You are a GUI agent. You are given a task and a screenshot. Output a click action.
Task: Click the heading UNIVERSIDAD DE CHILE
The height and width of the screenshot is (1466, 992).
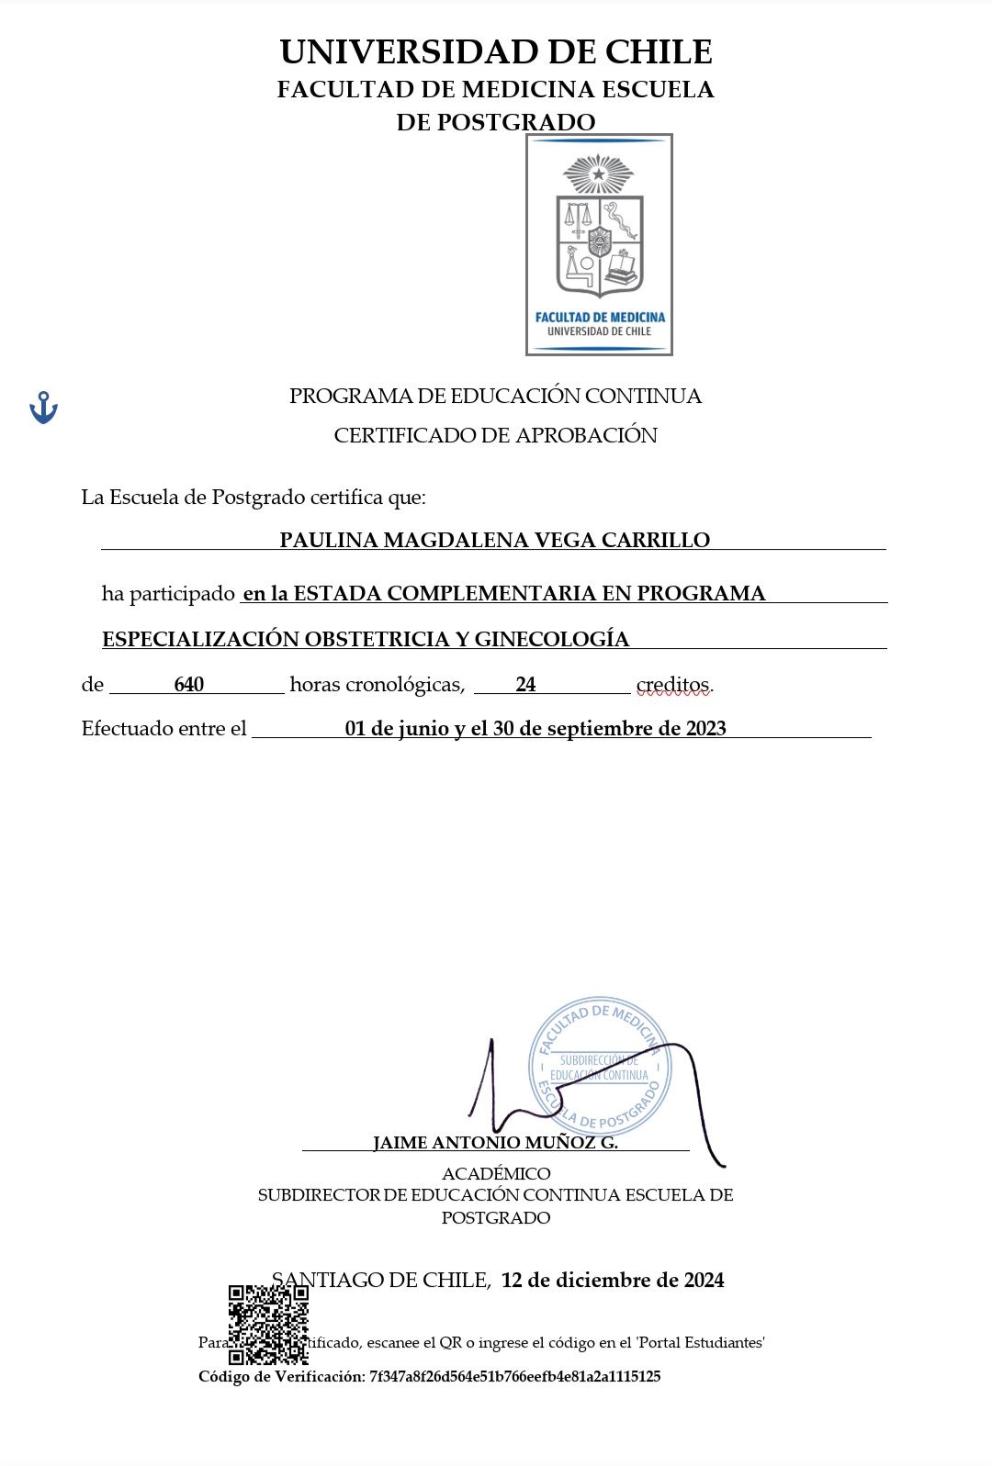[x=496, y=52]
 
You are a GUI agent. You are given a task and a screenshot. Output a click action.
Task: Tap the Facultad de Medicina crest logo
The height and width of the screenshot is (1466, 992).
[x=599, y=244]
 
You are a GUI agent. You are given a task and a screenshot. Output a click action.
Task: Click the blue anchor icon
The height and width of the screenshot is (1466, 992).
[x=43, y=407]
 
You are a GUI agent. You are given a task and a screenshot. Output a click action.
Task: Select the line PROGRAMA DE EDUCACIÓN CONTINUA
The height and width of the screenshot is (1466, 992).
[x=495, y=396]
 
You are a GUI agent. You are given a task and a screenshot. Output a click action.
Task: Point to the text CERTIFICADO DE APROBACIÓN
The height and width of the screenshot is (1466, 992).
[x=495, y=435]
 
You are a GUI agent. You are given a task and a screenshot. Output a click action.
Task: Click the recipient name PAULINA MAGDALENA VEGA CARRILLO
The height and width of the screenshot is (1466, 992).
[x=494, y=540]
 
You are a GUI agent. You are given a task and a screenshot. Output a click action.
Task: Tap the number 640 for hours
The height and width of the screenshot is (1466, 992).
[x=188, y=684]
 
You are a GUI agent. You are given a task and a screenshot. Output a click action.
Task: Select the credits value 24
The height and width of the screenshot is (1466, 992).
[x=525, y=684]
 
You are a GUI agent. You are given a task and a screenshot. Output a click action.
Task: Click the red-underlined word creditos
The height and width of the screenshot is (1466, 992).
[x=673, y=685]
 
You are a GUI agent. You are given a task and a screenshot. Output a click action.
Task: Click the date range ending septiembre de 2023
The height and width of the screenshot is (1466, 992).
[x=535, y=728]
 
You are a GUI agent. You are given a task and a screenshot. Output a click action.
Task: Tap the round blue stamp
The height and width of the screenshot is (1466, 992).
[x=600, y=1065]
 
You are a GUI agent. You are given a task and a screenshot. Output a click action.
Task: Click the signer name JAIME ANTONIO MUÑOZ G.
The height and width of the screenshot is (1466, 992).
[x=495, y=1143]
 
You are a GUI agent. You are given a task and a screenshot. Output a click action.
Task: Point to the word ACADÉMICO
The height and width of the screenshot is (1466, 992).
[x=496, y=1173]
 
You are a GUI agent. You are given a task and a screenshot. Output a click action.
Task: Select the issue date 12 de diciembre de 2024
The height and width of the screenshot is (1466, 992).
[x=613, y=1280]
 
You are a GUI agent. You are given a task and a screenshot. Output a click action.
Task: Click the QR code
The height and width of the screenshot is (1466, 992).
[x=268, y=1324]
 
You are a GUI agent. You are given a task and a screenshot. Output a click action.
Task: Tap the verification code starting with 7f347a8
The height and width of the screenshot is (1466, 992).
[x=514, y=1376]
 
